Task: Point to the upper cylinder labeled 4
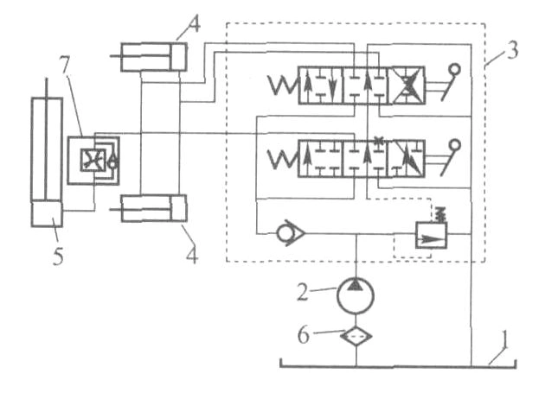pos(154,57)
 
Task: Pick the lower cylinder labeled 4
pos(154,209)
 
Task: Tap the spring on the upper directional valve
pos(283,87)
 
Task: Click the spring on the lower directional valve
pos(283,158)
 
